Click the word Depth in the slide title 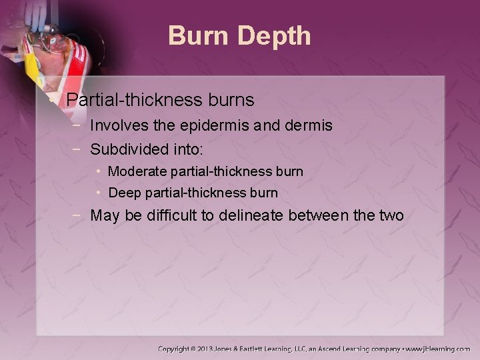pyautogui.click(x=277, y=36)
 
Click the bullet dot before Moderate pyautogui.click(x=99, y=171)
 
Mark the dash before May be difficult pyautogui.click(x=79, y=215)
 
